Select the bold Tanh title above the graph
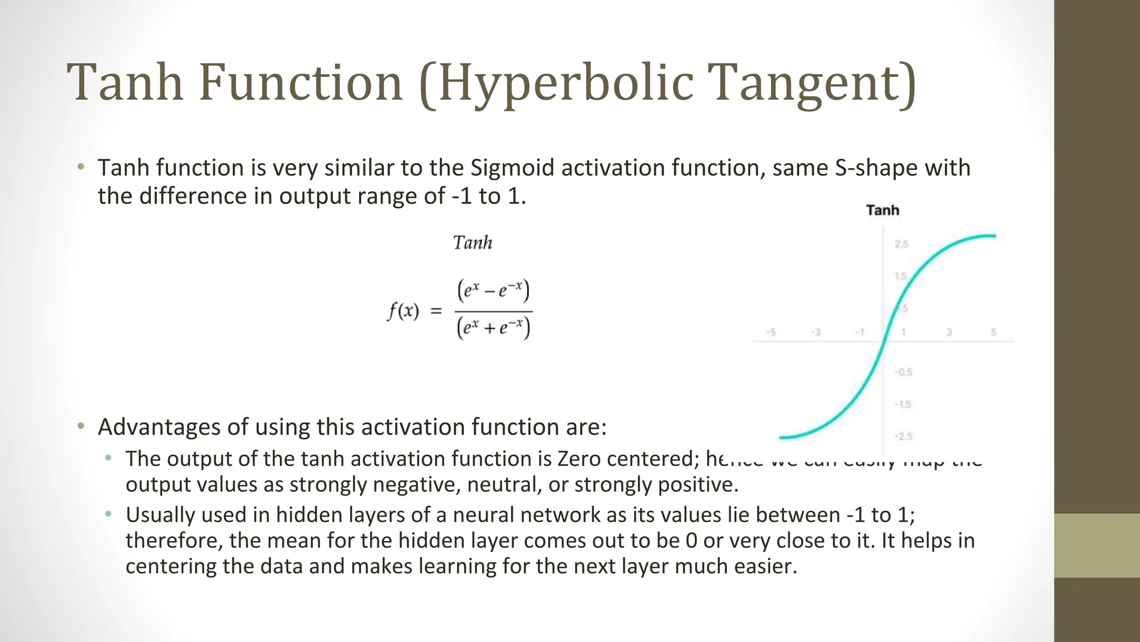click(882, 210)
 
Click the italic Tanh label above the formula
click(473, 243)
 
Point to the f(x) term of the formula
click(403, 310)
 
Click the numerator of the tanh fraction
click(493, 290)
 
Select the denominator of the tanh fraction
click(493, 328)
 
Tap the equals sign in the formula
click(436, 310)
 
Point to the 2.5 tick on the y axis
click(901, 244)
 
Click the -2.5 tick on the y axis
click(903, 436)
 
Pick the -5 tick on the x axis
click(771, 332)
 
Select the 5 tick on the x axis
click(994, 332)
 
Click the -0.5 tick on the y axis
click(903, 372)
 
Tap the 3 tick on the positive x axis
click(949, 332)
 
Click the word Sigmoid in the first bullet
click(512, 168)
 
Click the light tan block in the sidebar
click(1097, 546)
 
